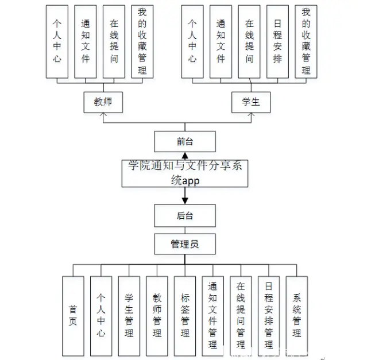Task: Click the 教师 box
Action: (103, 102)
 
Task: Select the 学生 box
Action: (251, 102)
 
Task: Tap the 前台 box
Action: (185, 141)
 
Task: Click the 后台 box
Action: (185, 216)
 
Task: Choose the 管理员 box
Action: (185, 244)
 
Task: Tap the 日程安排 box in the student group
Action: (278, 42)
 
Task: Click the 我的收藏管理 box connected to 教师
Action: (142, 42)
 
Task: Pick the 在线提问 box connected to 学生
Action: (249, 42)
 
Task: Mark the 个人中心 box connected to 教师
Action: (57, 42)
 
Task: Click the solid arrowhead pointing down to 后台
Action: (185, 200)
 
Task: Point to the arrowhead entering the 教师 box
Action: (103, 115)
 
